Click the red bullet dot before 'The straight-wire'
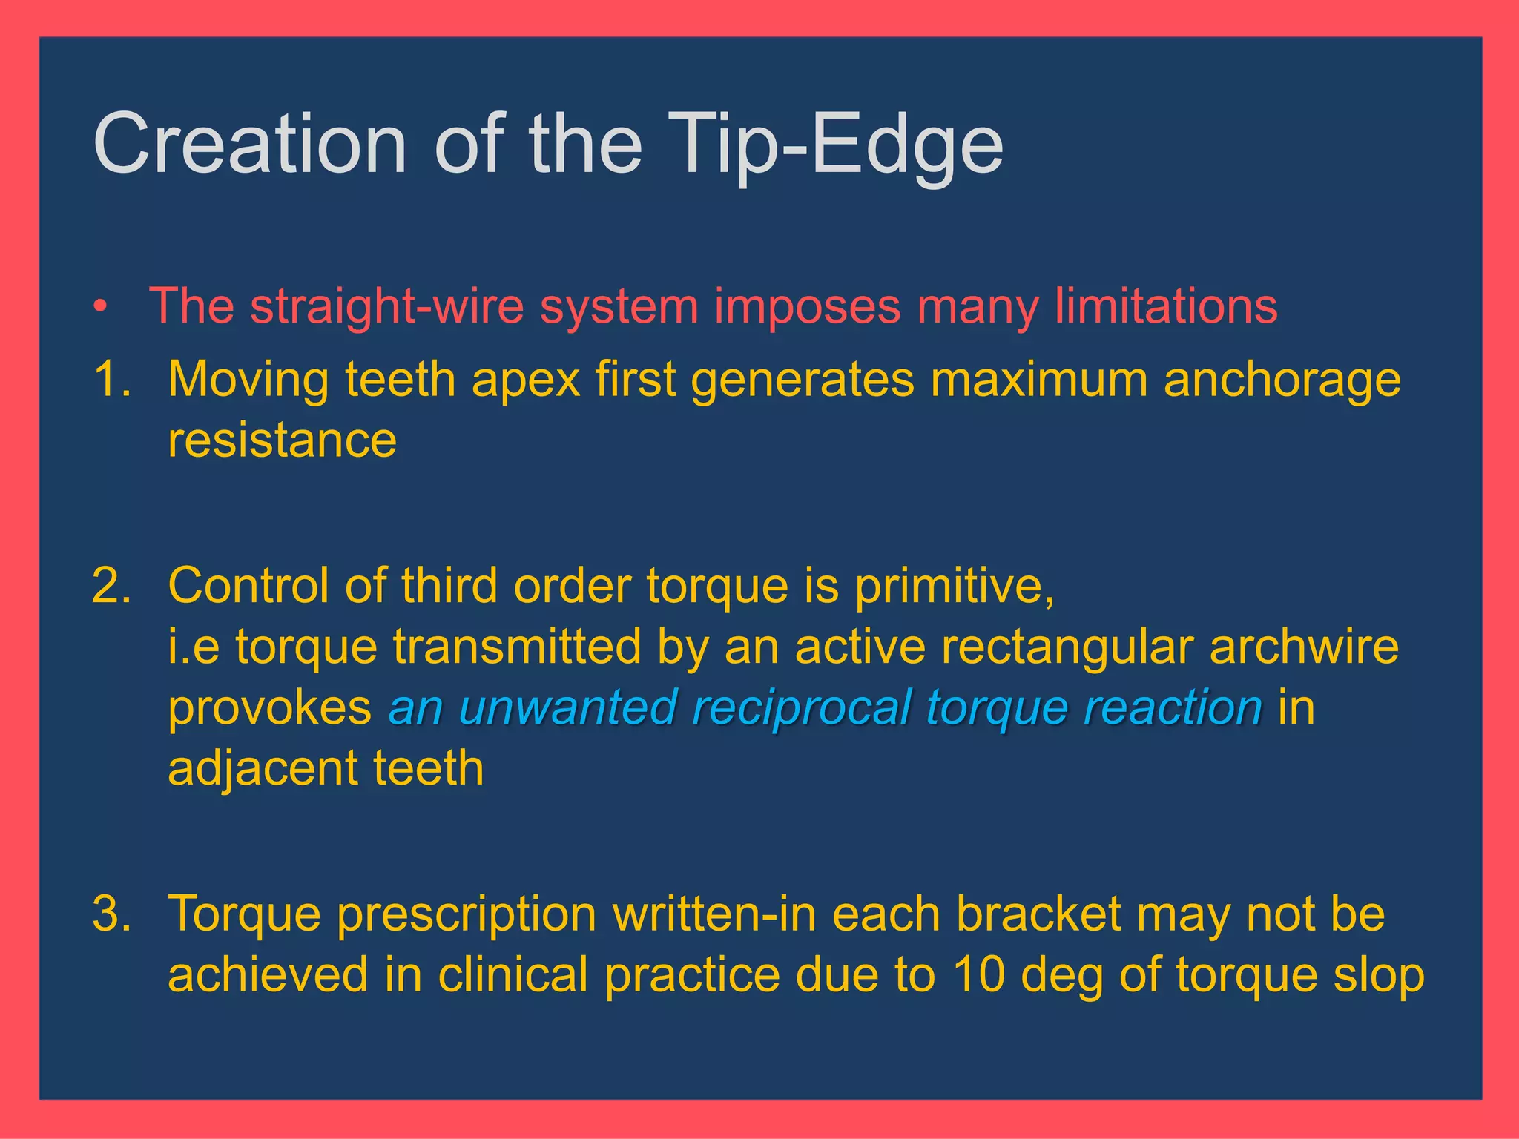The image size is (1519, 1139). pyautogui.click(x=102, y=306)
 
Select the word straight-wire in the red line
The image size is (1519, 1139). pyautogui.click(x=386, y=306)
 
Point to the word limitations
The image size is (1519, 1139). pyautogui.click(x=1166, y=306)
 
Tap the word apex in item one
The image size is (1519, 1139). pyautogui.click(x=525, y=380)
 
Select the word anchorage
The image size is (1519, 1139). pyautogui.click(x=1282, y=380)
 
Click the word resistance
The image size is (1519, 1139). pyautogui.click(x=282, y=440)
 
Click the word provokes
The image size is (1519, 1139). pyautogui.click(x=269, y=708)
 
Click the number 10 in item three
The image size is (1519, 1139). pyautogui.click(x=978, y=974)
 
